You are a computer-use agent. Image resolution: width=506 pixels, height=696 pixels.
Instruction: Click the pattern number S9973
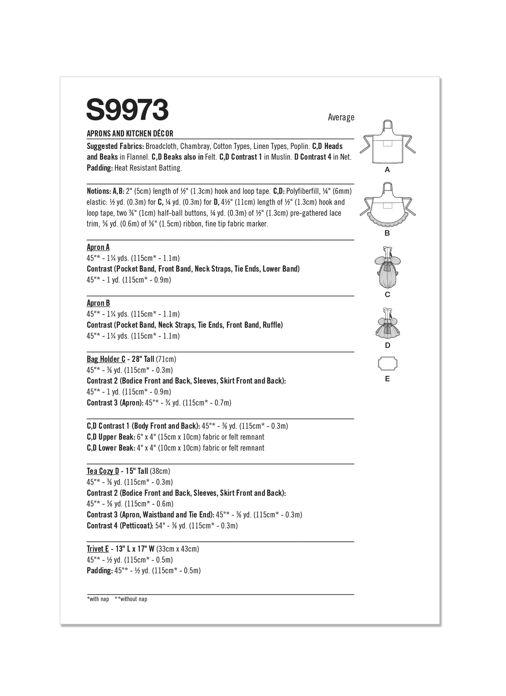(x=127, y=110)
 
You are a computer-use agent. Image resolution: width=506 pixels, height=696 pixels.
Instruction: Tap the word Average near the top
(x=341, y=117)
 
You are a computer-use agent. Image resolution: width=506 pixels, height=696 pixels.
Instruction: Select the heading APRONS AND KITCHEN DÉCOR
(x=130, y=133)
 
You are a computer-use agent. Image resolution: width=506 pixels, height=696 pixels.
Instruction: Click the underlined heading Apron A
(x=98, y=247)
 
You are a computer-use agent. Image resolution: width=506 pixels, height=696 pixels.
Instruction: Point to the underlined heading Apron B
(x=98, y=303)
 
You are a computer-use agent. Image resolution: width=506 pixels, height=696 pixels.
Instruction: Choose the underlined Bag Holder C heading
(x=106, y=359)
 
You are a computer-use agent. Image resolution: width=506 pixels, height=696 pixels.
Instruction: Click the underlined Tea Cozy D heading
(x=103, y=471)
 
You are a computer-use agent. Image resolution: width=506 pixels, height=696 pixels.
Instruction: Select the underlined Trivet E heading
(x=98, y=549)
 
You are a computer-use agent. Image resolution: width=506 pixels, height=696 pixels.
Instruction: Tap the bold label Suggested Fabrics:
(x=115, y=146)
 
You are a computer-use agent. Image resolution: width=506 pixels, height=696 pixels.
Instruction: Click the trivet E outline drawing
(x=387, y=364)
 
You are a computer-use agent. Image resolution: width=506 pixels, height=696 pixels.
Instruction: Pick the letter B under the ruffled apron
(x=387, y=233)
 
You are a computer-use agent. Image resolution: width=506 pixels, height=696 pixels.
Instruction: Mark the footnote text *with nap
(x=98, y=599)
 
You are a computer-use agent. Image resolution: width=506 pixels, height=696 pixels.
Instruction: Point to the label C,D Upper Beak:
(x=111, y=437)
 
